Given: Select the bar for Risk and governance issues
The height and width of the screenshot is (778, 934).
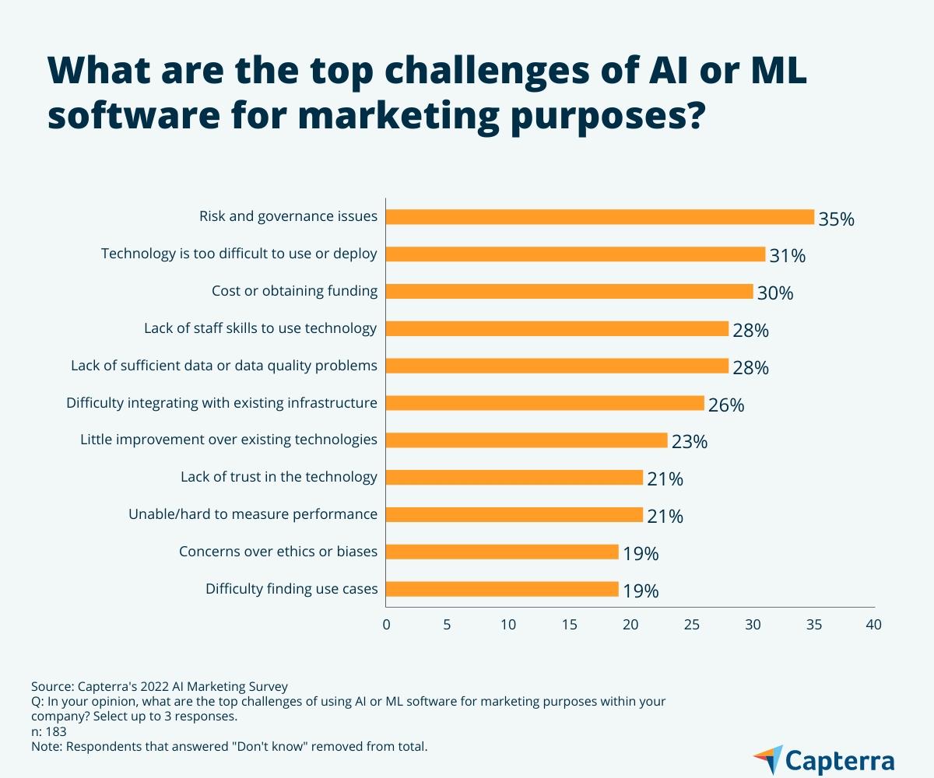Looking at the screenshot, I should coord(599,217).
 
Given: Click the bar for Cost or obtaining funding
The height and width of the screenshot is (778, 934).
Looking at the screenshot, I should coord(569,291).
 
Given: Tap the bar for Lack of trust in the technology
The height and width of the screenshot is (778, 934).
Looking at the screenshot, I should coord(514,478).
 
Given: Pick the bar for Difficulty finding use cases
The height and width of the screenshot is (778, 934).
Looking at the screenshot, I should coord(502,589).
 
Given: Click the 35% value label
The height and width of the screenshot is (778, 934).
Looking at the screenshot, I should coord(836,219).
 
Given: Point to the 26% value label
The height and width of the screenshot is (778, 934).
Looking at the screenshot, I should coord(726,405).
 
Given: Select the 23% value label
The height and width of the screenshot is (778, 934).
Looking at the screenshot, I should coord(689,442).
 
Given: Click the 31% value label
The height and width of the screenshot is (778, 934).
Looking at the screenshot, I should coord(787,256).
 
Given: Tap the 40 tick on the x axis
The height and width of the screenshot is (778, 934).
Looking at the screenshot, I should coord(874,624).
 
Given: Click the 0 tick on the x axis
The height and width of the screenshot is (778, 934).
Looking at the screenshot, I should coord(386,624).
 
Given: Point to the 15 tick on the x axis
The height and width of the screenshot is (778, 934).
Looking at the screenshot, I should coord(570,624).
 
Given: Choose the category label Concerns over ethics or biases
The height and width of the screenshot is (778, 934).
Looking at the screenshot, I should coord(278,552).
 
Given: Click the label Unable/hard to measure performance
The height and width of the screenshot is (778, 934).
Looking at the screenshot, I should coord(252,514).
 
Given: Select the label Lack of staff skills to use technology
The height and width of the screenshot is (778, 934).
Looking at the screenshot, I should coord(260,328).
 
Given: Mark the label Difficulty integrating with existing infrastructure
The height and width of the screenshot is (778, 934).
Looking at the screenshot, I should coord(221,403).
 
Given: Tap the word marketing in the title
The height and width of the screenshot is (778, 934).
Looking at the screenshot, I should coord(397,116).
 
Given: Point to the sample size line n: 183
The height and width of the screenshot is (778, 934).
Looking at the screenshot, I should coord(48,731).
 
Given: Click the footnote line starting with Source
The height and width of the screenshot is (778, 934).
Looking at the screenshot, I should coord(159,686).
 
